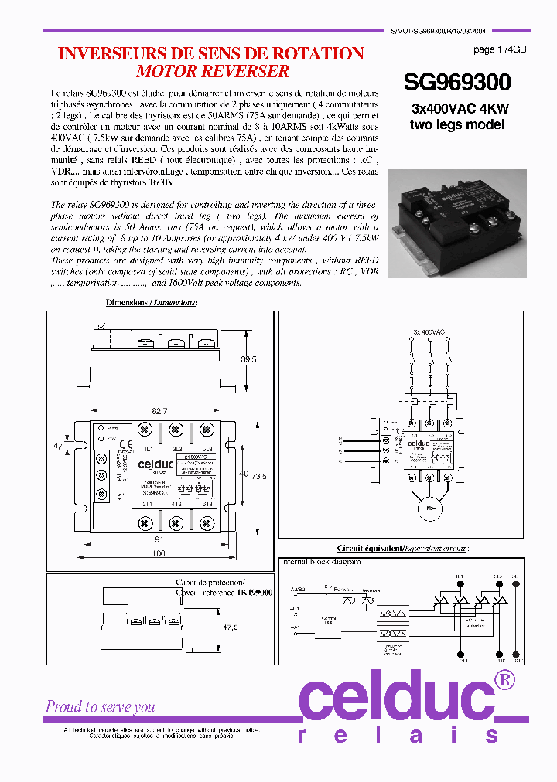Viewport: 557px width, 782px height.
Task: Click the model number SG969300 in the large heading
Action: pos(457,83)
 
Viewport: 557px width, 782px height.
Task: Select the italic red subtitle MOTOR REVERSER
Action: pos(213,72)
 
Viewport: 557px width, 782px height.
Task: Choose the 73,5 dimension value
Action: pos(258,477)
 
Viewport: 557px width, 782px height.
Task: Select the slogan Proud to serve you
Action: pos(100,706)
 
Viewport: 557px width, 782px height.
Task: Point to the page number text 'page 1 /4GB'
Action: pos(499,49)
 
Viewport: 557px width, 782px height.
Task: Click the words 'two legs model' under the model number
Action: pos(456,124)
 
